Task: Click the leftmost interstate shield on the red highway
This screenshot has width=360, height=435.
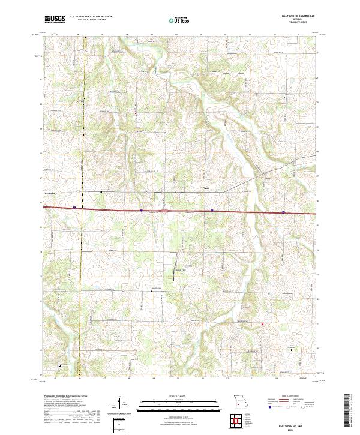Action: pos(74,208)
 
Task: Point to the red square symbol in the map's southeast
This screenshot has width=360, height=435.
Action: pos(262,325)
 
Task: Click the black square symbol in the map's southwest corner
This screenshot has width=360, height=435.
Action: pos(59,365)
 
